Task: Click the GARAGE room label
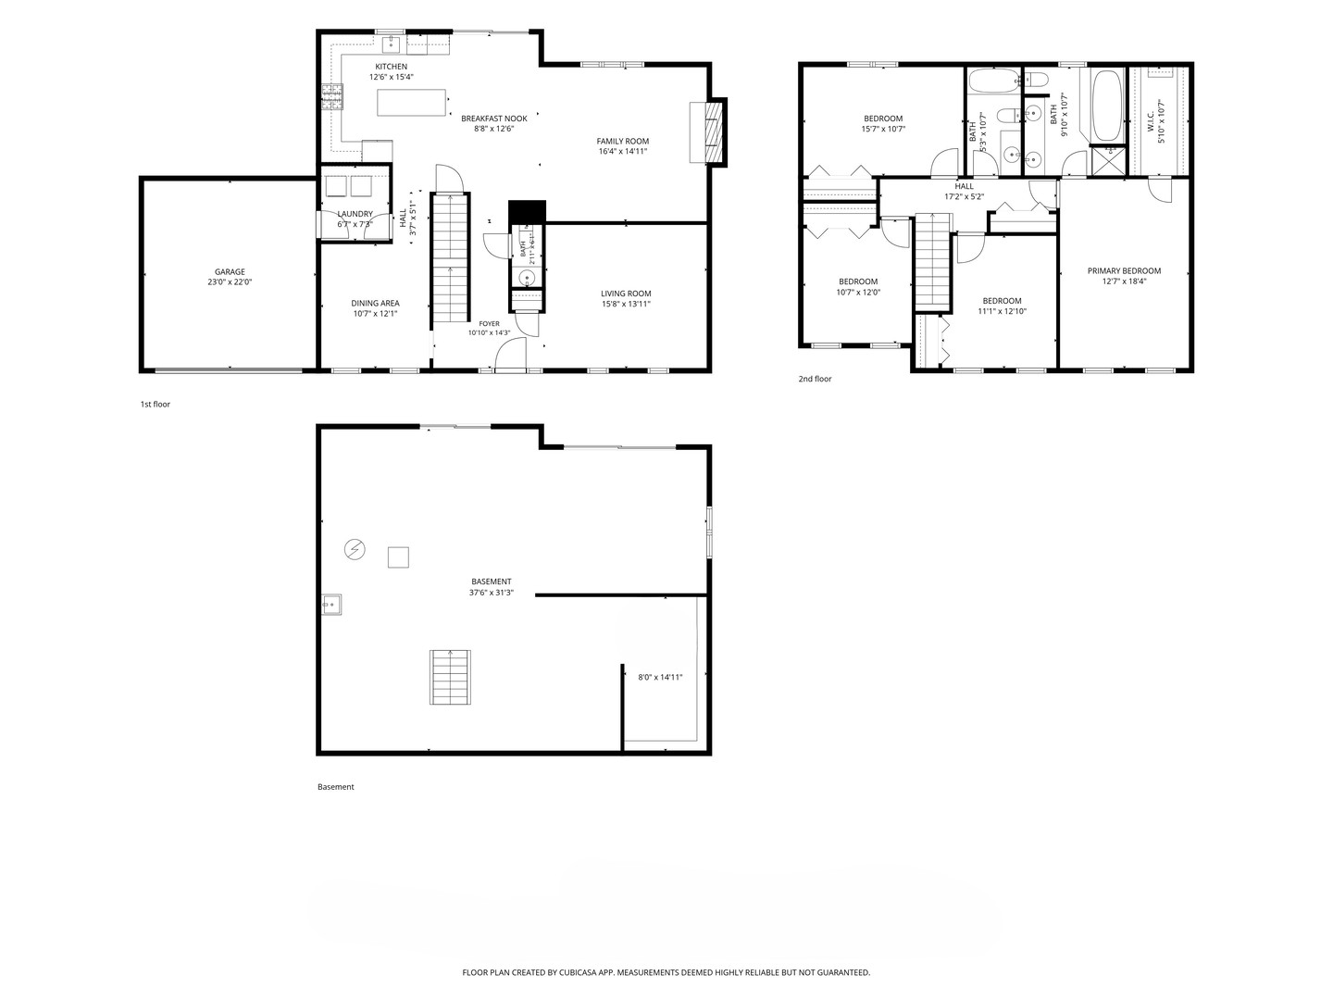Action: point(230,272)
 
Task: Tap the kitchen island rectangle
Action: point(411,102)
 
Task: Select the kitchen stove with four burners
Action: point(331,97)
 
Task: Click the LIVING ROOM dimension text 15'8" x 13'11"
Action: point(626,305)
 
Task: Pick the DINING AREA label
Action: point(375,303)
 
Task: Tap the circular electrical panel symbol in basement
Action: point(355,549)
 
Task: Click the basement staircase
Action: point(450,677)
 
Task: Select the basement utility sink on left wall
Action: point(331,604)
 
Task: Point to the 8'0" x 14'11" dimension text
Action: point(660,677)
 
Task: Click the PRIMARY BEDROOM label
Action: point(1124,270)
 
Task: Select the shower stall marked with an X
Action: point(1109,161)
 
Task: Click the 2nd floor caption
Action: point(815,379)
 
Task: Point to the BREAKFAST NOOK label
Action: point(493,119)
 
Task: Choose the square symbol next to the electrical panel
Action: point(398,557)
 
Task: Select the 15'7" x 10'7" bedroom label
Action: point(883,129)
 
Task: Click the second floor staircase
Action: point(932,262)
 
